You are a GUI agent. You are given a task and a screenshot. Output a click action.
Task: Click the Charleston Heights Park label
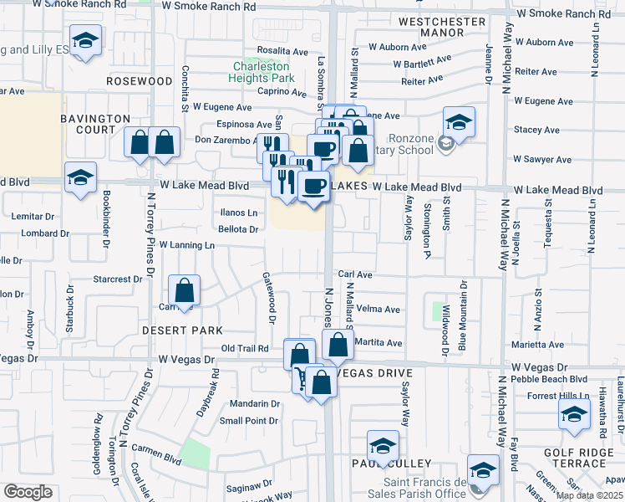(262, 72)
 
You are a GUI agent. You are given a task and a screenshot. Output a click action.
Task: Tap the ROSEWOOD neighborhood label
(140, 81)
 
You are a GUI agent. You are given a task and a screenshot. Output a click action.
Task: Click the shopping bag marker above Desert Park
(184, 292)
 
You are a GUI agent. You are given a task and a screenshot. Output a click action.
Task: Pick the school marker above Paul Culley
(383, 444)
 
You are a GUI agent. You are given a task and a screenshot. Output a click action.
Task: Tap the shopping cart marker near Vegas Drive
(300, 378)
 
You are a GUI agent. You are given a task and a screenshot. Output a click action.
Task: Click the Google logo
(27, 492)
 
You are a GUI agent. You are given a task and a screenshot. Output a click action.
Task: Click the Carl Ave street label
(355, 274)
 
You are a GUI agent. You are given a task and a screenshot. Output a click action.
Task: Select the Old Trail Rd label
(245, 348)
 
